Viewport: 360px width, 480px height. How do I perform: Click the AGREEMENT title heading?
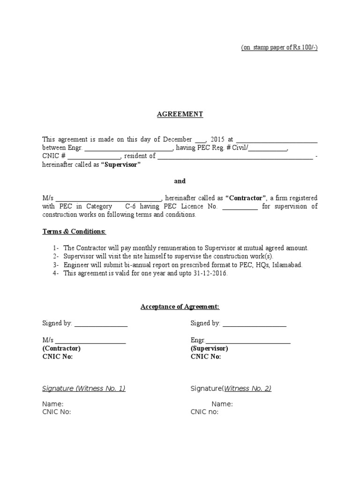pyautogui.click(x=180, y=114)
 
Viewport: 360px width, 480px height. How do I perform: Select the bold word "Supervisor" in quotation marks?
pyautogui.click(x=121, y=165)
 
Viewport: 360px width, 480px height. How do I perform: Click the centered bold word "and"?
pyautogui.click(x=180, y=181)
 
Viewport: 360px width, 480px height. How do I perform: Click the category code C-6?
pyautogui.click(x=132, y=206)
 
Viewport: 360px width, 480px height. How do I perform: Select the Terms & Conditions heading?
pyautogui.click(x=75, y=232)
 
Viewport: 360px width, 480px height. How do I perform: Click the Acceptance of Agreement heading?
pyautogui.click(x=180, y=307)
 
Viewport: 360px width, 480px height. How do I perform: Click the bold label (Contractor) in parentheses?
pyautogui.click(x=61, y=349)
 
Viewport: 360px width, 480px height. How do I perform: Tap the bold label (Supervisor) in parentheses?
pyautogui.click(x=210, y=349)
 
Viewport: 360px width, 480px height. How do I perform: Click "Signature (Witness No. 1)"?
pyautogui.click(x=84, y=388)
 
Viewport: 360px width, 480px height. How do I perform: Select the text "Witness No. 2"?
pyautogui.click(x=247, y=388)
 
